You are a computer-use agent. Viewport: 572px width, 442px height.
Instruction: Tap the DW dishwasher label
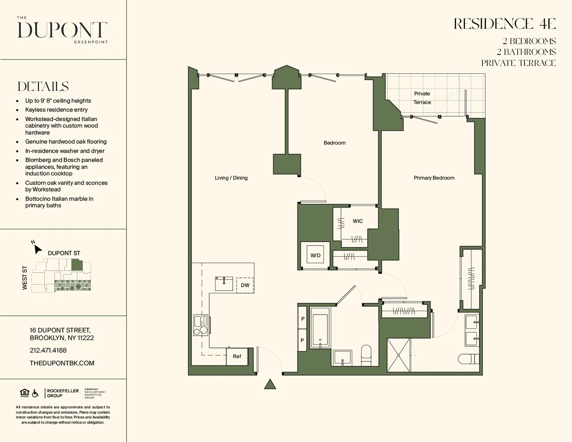[245, 285]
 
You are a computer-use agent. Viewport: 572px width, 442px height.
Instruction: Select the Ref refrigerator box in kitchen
[237, 356]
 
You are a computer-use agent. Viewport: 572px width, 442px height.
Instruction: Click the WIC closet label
[358, 221]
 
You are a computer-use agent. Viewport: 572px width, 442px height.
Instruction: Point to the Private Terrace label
[422, 98]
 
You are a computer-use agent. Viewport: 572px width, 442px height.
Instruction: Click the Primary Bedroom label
[434, 178]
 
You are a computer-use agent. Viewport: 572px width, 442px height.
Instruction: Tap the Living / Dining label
[231, 178]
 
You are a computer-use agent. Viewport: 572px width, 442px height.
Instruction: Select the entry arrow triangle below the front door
[270, 385]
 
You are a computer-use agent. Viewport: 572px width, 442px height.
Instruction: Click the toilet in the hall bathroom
[366, 354]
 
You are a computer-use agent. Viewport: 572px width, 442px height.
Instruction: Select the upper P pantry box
[302, 319]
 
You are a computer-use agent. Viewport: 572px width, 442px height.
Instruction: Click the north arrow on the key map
[38, 249]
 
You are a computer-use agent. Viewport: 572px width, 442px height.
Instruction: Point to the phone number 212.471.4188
[48, 350]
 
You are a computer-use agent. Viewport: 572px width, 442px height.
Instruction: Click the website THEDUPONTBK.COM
[62, 363]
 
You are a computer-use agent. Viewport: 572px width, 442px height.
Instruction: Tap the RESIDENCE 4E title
[504, 24]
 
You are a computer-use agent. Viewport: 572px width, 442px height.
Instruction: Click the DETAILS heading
[43, 86]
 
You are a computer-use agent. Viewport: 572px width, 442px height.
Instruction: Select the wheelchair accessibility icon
[35, 393]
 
